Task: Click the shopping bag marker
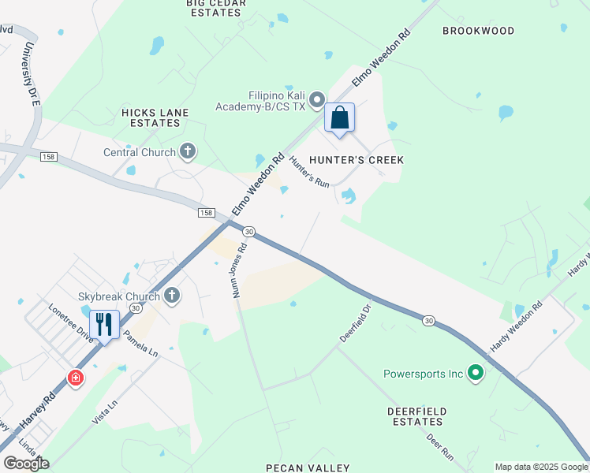[x=339, y=118]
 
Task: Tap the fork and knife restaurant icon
[x=103, y=324]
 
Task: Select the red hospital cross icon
[x=75, y=378]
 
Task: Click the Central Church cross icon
[x=188, y=151]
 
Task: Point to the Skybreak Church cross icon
[x=172, y=296]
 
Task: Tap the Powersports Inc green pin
[x=475, y=373]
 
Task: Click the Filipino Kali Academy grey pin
[x=317, y=99]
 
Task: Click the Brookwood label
[x=478, y=31]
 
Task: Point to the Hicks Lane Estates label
[x=155, y=118]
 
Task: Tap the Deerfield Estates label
[x=417, y=417]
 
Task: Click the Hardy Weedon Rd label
[x=517, y=327]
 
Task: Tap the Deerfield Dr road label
[x=355, y=322]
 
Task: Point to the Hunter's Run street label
[x=309, y=171]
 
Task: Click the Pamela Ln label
[x=140, y=345]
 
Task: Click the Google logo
[x=26, y=464]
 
